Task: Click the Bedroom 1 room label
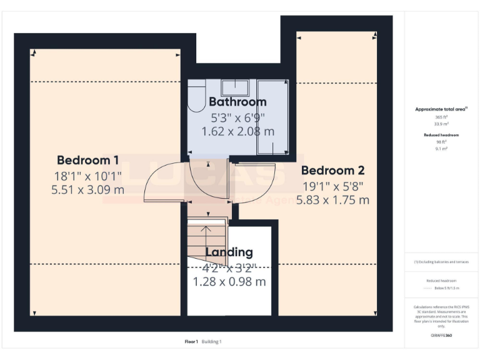point(87,159)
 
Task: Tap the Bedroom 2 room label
point(332,170)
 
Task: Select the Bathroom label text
point(237,101)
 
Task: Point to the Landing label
point(229,252)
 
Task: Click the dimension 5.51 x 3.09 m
point(87,189)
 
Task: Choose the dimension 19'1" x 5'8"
point(332,186)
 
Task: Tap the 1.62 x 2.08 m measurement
point(237,131)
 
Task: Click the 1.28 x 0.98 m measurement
point(229,282)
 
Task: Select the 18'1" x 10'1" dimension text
point(87,175)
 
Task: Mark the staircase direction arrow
point(206,234)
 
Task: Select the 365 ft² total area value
point(442,117)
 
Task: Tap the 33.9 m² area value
point(442,124)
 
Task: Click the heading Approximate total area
point(441,109)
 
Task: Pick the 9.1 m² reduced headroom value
point(442,149)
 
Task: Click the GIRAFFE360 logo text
point(441,336)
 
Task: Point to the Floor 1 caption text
point(191,342)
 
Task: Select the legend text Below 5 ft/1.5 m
point(446,288)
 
